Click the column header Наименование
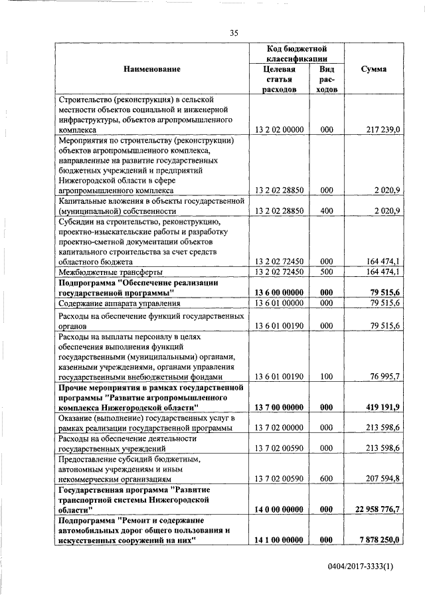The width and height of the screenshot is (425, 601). tap(151, 69)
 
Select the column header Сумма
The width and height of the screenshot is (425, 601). tap(374, 69)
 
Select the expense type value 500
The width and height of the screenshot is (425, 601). tap(326, 272)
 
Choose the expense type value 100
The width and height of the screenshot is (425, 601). tap(326, 377)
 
